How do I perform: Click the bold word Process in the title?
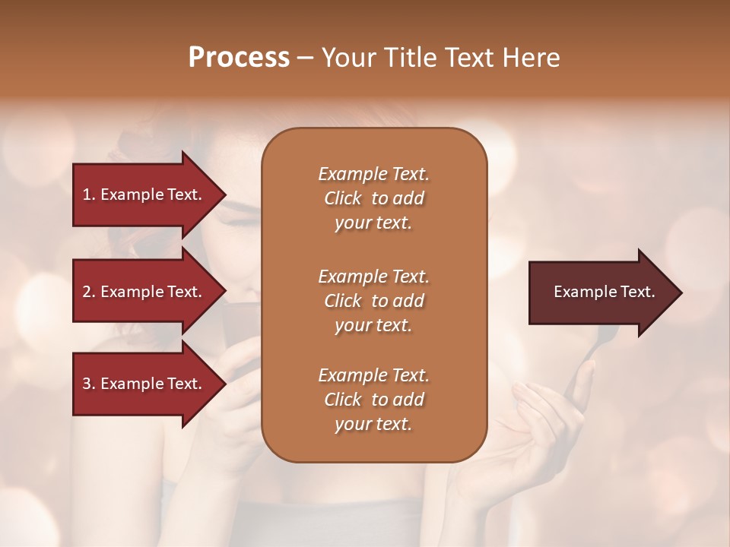pos(239,58)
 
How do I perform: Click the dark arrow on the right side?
pos(601,292)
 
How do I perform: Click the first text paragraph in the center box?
pos(373,198)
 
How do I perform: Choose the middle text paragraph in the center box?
pos(373,300)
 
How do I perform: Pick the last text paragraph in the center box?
pos(373,400)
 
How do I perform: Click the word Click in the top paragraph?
pos(343,198)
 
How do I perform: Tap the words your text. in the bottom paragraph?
pos(373,424)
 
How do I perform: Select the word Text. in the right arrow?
pos(636,292)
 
